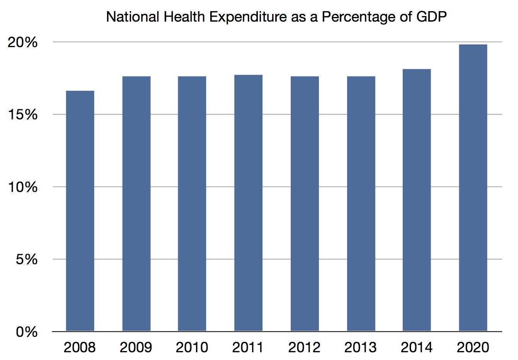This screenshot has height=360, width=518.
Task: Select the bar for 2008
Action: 80,211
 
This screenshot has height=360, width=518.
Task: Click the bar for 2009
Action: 136,204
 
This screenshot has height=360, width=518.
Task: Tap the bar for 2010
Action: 192,204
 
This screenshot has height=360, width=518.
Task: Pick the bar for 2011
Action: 248,203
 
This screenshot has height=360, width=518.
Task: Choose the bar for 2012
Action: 305,204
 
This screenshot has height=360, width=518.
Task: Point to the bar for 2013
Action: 361,204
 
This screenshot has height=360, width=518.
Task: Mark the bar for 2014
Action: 417,200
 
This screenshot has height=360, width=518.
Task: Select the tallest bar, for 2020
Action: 473,188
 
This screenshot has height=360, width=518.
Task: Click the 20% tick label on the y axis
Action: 23,42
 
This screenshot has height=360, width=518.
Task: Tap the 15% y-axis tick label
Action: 23,115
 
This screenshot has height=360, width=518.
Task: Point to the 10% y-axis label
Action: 23,187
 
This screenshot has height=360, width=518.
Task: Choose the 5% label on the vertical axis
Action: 27,259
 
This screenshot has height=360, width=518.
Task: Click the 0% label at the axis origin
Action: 27,332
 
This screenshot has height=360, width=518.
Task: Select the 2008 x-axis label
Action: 80,347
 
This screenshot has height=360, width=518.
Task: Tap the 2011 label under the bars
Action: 248,347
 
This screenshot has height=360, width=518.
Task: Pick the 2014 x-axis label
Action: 417,347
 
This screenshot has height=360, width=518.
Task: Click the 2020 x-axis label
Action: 473,347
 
